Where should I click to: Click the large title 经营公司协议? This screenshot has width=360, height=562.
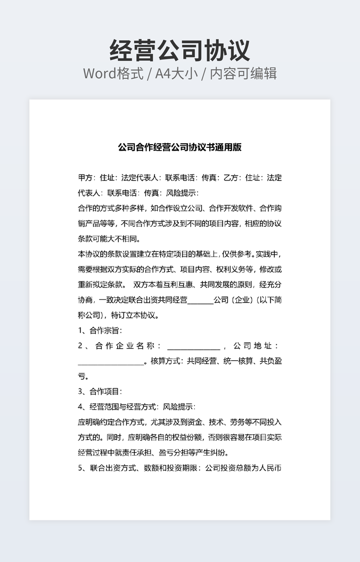point(179,51)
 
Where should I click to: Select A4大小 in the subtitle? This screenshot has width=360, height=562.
point(176,73)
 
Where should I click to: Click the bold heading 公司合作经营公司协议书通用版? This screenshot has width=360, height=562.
point(179,147)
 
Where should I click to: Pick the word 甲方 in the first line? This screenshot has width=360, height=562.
point(85,178)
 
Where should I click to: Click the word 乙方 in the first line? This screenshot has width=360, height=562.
point(231,178)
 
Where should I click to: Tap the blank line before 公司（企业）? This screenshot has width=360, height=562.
point(200,300)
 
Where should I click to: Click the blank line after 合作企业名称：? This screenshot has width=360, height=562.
point(193,346)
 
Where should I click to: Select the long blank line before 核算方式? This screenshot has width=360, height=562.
point(111,362)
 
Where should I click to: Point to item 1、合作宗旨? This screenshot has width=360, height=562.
point(100,330)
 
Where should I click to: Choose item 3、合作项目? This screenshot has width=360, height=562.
point(100,392)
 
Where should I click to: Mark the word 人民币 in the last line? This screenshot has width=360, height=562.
point(270,468)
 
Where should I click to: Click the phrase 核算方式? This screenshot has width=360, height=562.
point(167,361)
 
